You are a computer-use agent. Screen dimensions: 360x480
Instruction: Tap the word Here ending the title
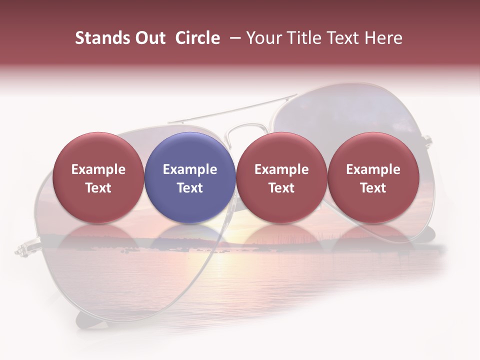point(383,38)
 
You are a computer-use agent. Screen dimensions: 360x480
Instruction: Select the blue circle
point(190,177)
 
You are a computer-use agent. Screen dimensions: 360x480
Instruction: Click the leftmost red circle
point(98,177)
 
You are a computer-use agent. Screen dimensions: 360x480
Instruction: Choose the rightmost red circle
point(373,177)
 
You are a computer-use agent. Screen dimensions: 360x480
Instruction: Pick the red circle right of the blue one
point(281,177)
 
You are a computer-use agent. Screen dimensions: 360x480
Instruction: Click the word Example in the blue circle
point(190,169)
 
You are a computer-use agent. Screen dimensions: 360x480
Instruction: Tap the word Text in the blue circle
point(190,188)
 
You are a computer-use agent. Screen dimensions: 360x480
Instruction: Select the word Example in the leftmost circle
point(98,169)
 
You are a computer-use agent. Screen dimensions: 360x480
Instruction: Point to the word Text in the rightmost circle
point(373,188)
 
